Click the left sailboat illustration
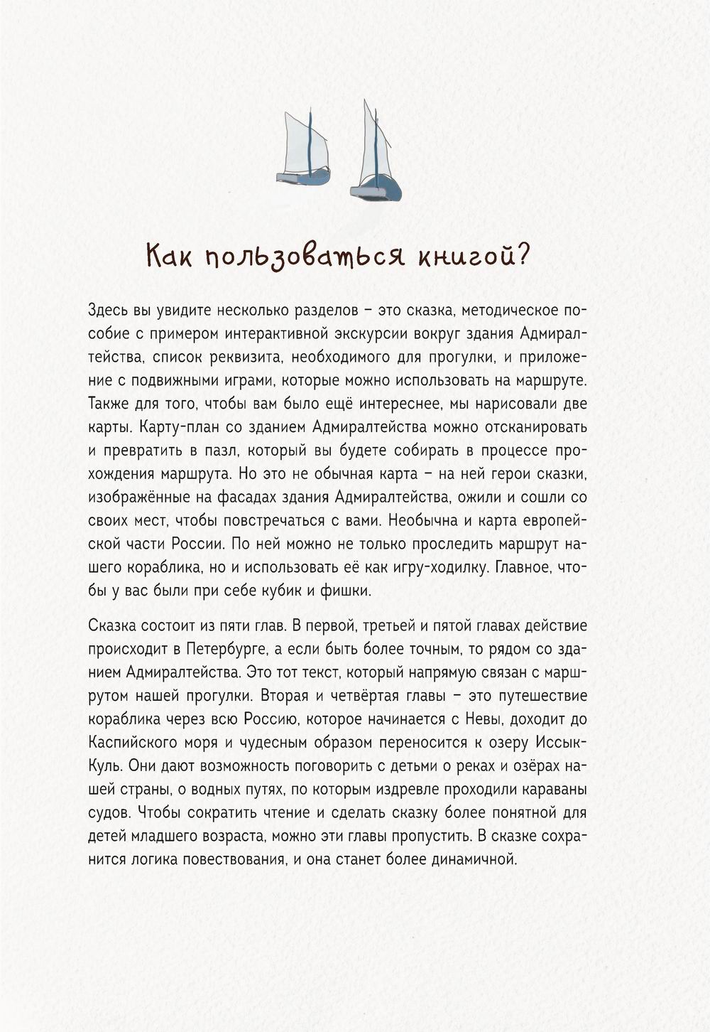click(x=304, y=151)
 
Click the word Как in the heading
click(x=168, y=256)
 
